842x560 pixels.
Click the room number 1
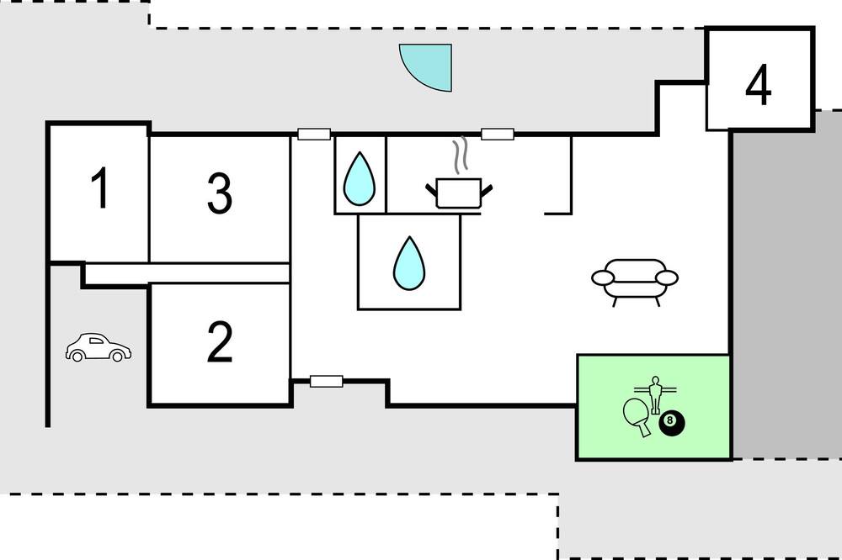coord(100,188)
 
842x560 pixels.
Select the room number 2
coord(220,341)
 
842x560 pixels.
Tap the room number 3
coord(220,193)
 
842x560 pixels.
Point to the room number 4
coord(759,85)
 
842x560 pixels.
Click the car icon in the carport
coord(99,347)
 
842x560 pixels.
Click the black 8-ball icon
coord(672,423)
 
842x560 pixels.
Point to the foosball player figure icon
coord(654,394)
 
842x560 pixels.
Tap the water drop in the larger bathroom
coord(409,263)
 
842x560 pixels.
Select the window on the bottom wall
coord(327,382)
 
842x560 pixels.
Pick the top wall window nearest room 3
coord(314,134)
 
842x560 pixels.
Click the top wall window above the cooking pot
coord(498,134)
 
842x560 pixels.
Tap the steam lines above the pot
coord(460,156)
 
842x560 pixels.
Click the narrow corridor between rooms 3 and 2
coord(188,273)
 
